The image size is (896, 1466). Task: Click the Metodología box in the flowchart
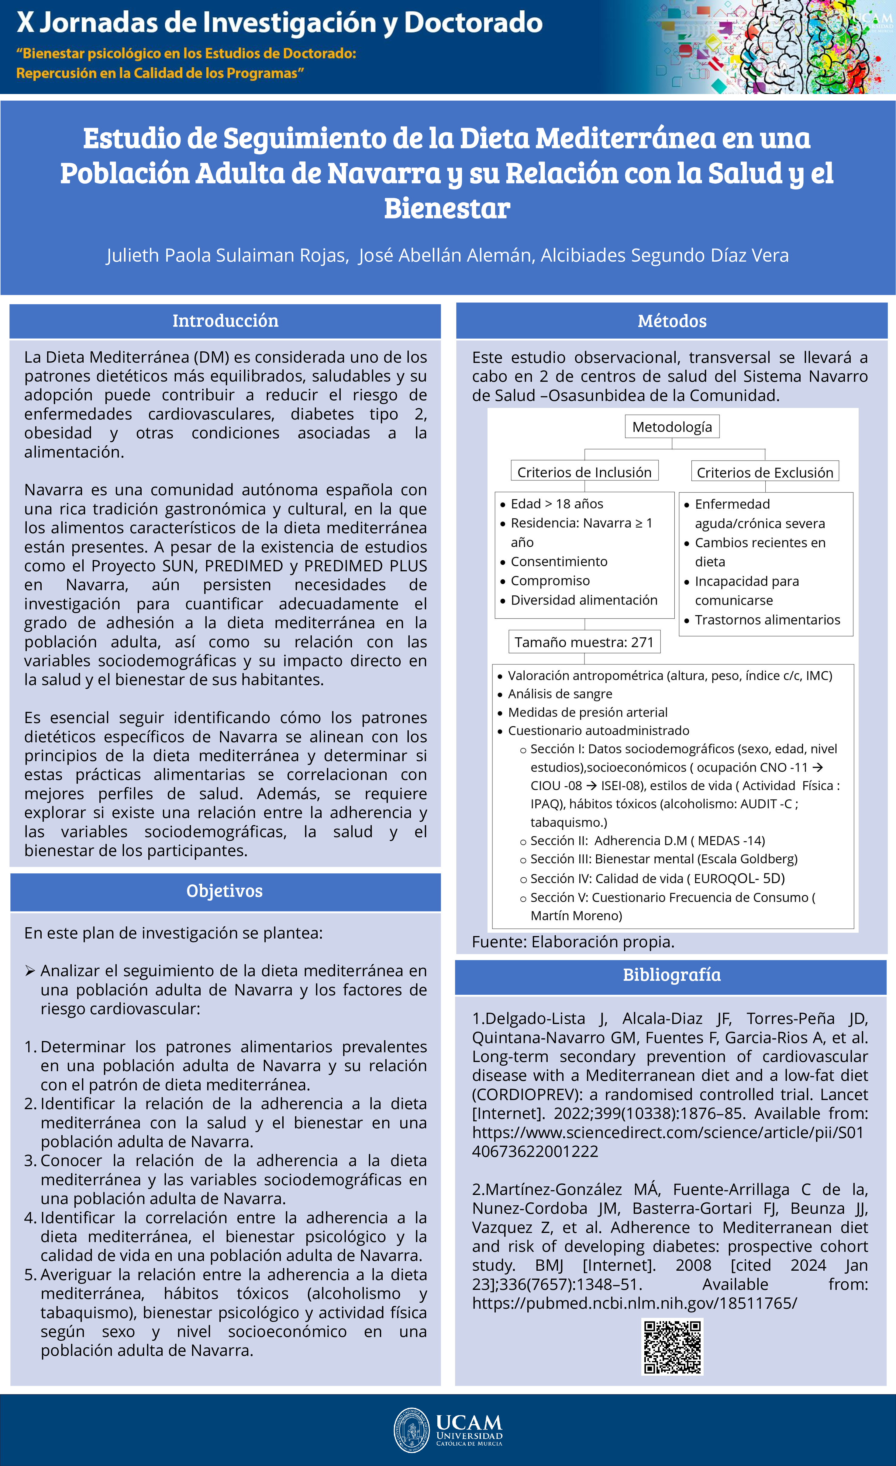pos(672,427)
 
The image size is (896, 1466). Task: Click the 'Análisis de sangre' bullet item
pos(560,694)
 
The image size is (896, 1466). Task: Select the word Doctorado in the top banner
pos(473,23)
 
